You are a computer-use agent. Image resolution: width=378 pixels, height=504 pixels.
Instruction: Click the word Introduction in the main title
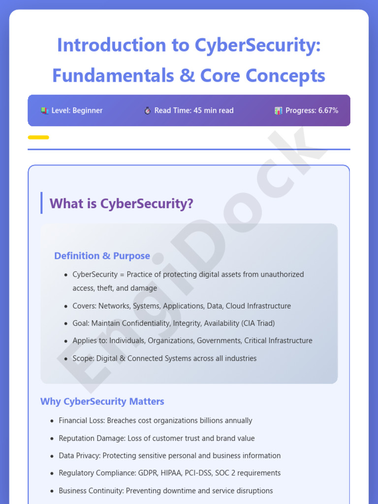(x=112, y=45)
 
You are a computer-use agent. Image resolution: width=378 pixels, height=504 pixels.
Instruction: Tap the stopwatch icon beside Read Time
(x=147, y=111)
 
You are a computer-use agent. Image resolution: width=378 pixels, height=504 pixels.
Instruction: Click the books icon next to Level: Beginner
(x=45, y=111)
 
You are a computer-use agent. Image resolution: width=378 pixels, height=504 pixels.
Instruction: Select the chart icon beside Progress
(x=279, y=111)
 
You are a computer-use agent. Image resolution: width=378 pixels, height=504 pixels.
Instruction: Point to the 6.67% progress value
(x=328, y=111)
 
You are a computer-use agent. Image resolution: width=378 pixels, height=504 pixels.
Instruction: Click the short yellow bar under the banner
(x=38, y=137)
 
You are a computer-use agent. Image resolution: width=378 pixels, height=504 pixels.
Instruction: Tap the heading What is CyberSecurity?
(x=121, y=203)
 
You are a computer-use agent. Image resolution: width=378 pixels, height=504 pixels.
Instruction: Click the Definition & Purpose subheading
(x=102, y=256)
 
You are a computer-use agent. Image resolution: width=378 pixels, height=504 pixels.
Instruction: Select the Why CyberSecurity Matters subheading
(x=102, y=402)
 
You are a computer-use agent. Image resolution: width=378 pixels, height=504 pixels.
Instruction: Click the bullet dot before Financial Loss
(x=52, y=421)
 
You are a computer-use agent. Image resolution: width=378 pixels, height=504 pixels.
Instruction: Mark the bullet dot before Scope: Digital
(x=66, y=359)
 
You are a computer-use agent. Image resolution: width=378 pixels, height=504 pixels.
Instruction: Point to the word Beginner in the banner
(x=88, y=111)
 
